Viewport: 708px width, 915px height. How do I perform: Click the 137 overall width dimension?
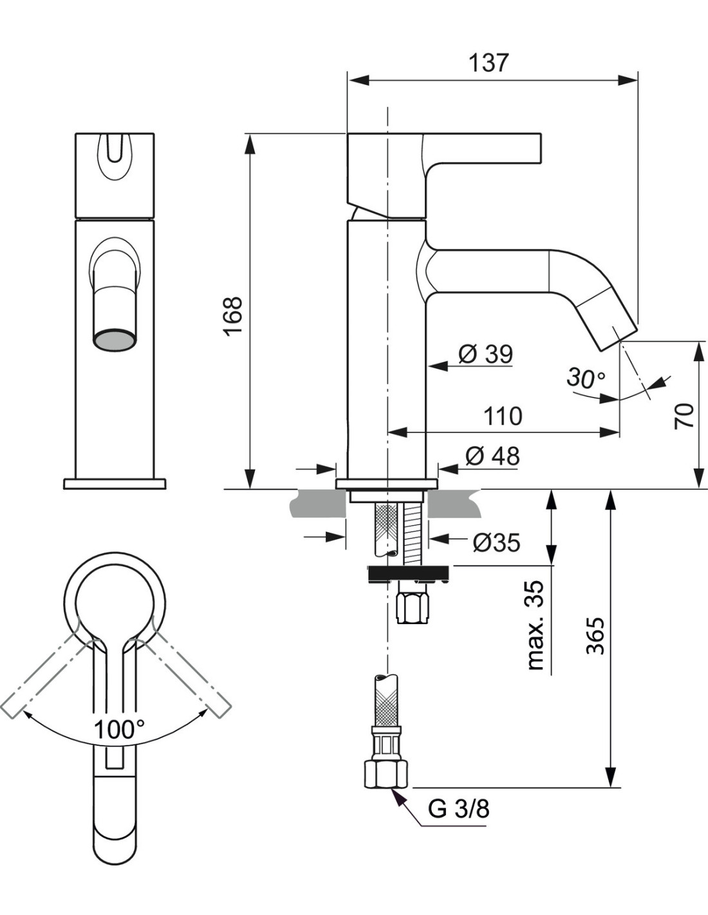489,63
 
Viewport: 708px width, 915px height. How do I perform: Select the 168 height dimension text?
233,316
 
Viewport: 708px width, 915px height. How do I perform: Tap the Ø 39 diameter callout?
485,354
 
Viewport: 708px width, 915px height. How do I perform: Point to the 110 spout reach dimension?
503,416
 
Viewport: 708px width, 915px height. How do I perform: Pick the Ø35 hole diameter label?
497,543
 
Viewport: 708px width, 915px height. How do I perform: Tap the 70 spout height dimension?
684,416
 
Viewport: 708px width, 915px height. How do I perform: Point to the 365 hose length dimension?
595,636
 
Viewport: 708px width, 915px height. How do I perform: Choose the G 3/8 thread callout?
459,808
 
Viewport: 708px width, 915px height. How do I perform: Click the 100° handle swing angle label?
119,730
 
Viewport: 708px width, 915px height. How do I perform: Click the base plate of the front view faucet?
115,483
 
